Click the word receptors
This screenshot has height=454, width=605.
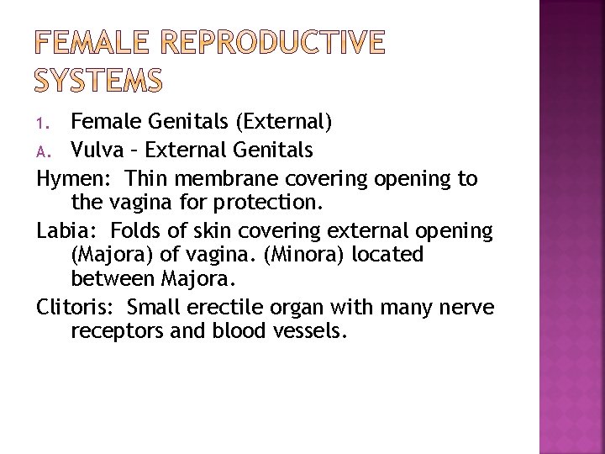coord(114,330)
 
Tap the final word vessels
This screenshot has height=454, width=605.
coord(294,330)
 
